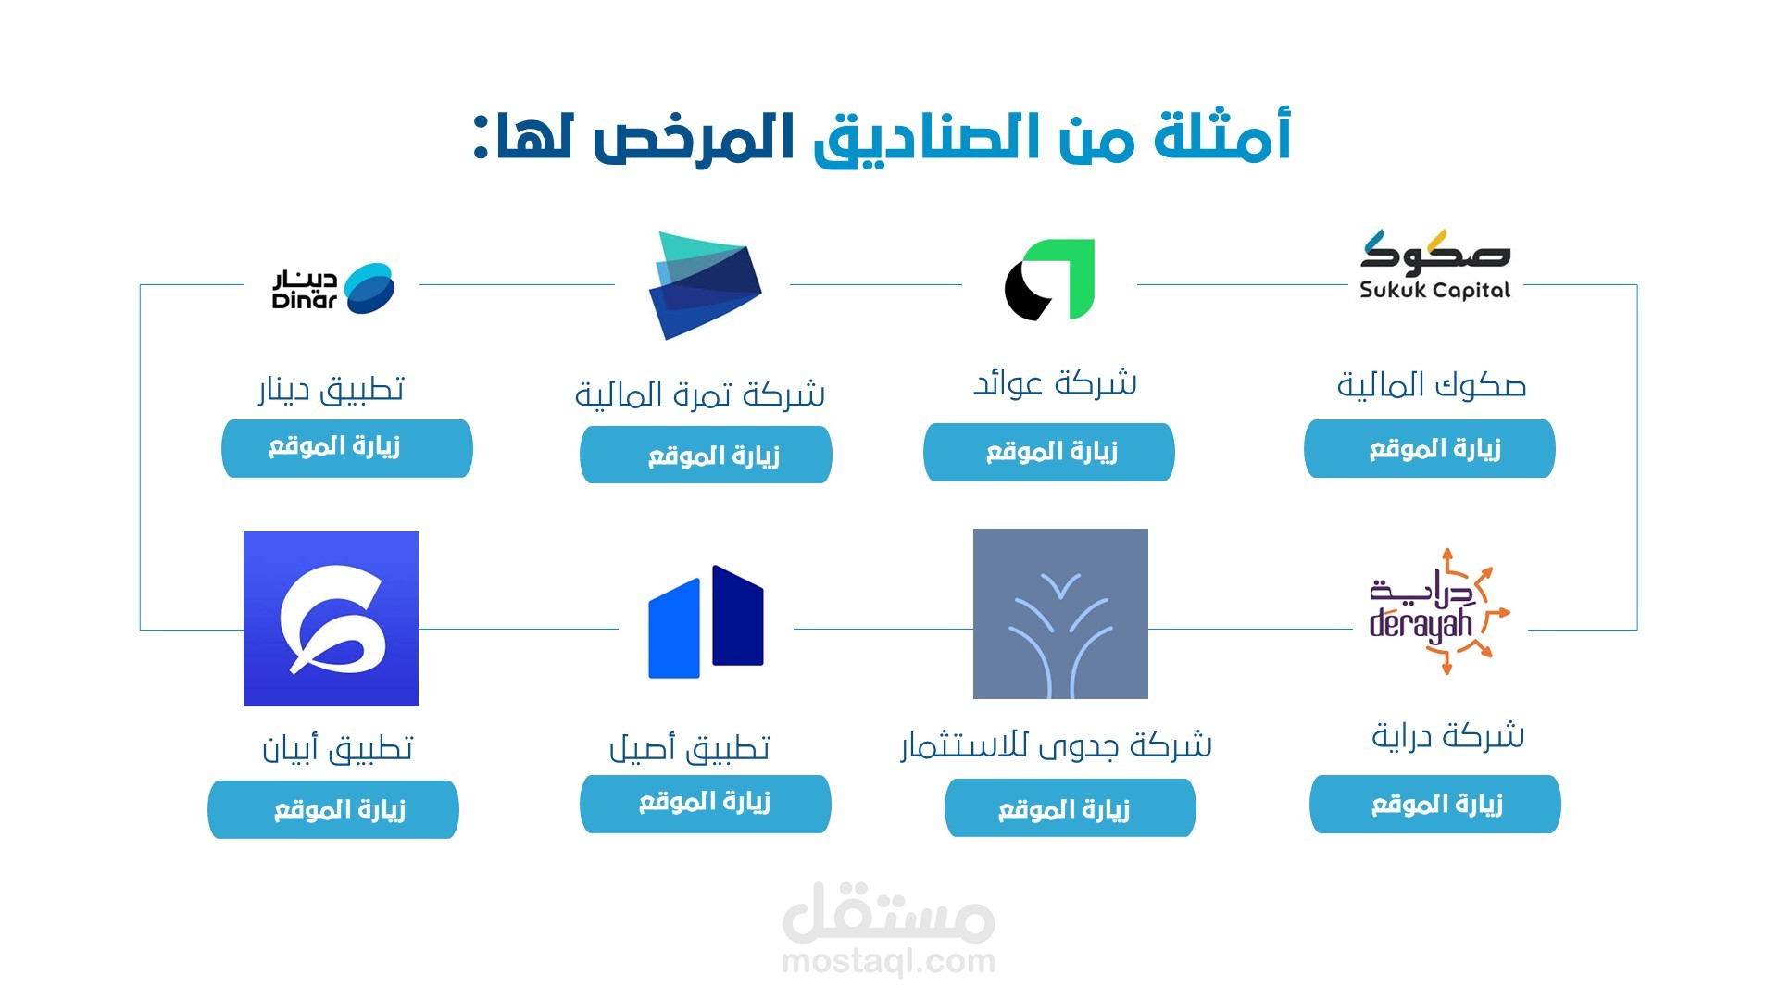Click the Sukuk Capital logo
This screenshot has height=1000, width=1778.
click(1434, 265)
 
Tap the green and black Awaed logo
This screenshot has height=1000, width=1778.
click(1050, 280)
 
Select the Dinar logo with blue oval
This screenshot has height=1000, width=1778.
click(332, 288)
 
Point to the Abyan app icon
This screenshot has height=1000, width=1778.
click(331, 619)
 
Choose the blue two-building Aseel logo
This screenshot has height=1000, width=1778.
click(706, 621)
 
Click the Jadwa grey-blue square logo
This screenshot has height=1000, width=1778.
click(1060, 614)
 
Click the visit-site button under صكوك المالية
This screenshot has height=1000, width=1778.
click(1430, 449)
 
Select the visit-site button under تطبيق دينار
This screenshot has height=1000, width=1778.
click(347, 449)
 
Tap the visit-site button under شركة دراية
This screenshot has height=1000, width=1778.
click(1435, 805)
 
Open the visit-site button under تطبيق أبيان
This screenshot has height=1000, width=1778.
click(333, 810)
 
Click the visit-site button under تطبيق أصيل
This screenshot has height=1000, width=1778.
click(706, 805)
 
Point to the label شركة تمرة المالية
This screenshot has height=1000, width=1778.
click(700, 395)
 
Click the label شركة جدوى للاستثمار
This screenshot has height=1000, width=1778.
click(1057, 745)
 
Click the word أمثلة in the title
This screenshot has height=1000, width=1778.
click(1222, 136)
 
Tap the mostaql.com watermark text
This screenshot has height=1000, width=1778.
click(889, 962)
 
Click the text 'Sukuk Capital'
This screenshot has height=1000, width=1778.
click(1434, 290)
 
